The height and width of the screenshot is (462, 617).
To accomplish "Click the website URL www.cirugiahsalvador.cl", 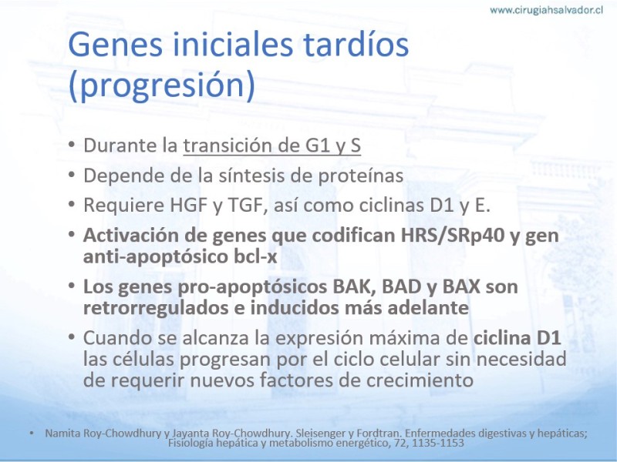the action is [x=546, y=10].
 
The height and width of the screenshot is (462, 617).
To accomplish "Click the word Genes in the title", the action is [x=115, y=45].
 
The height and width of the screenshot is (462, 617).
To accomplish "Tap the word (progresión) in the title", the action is [x=162, y=85].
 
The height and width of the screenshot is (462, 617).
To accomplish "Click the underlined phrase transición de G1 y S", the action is [x=272, y=145].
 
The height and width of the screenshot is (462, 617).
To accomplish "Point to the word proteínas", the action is [x=361, y=176].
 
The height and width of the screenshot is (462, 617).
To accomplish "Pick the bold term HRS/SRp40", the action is [x=453, y=236].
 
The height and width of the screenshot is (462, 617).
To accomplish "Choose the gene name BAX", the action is [x=461, y=286].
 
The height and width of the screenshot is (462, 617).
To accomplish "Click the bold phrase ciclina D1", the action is [x=517, y=338].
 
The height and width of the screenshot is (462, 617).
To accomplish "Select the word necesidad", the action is [x=522, y=359].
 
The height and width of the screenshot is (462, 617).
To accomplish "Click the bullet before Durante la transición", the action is [x=71, y=145].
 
